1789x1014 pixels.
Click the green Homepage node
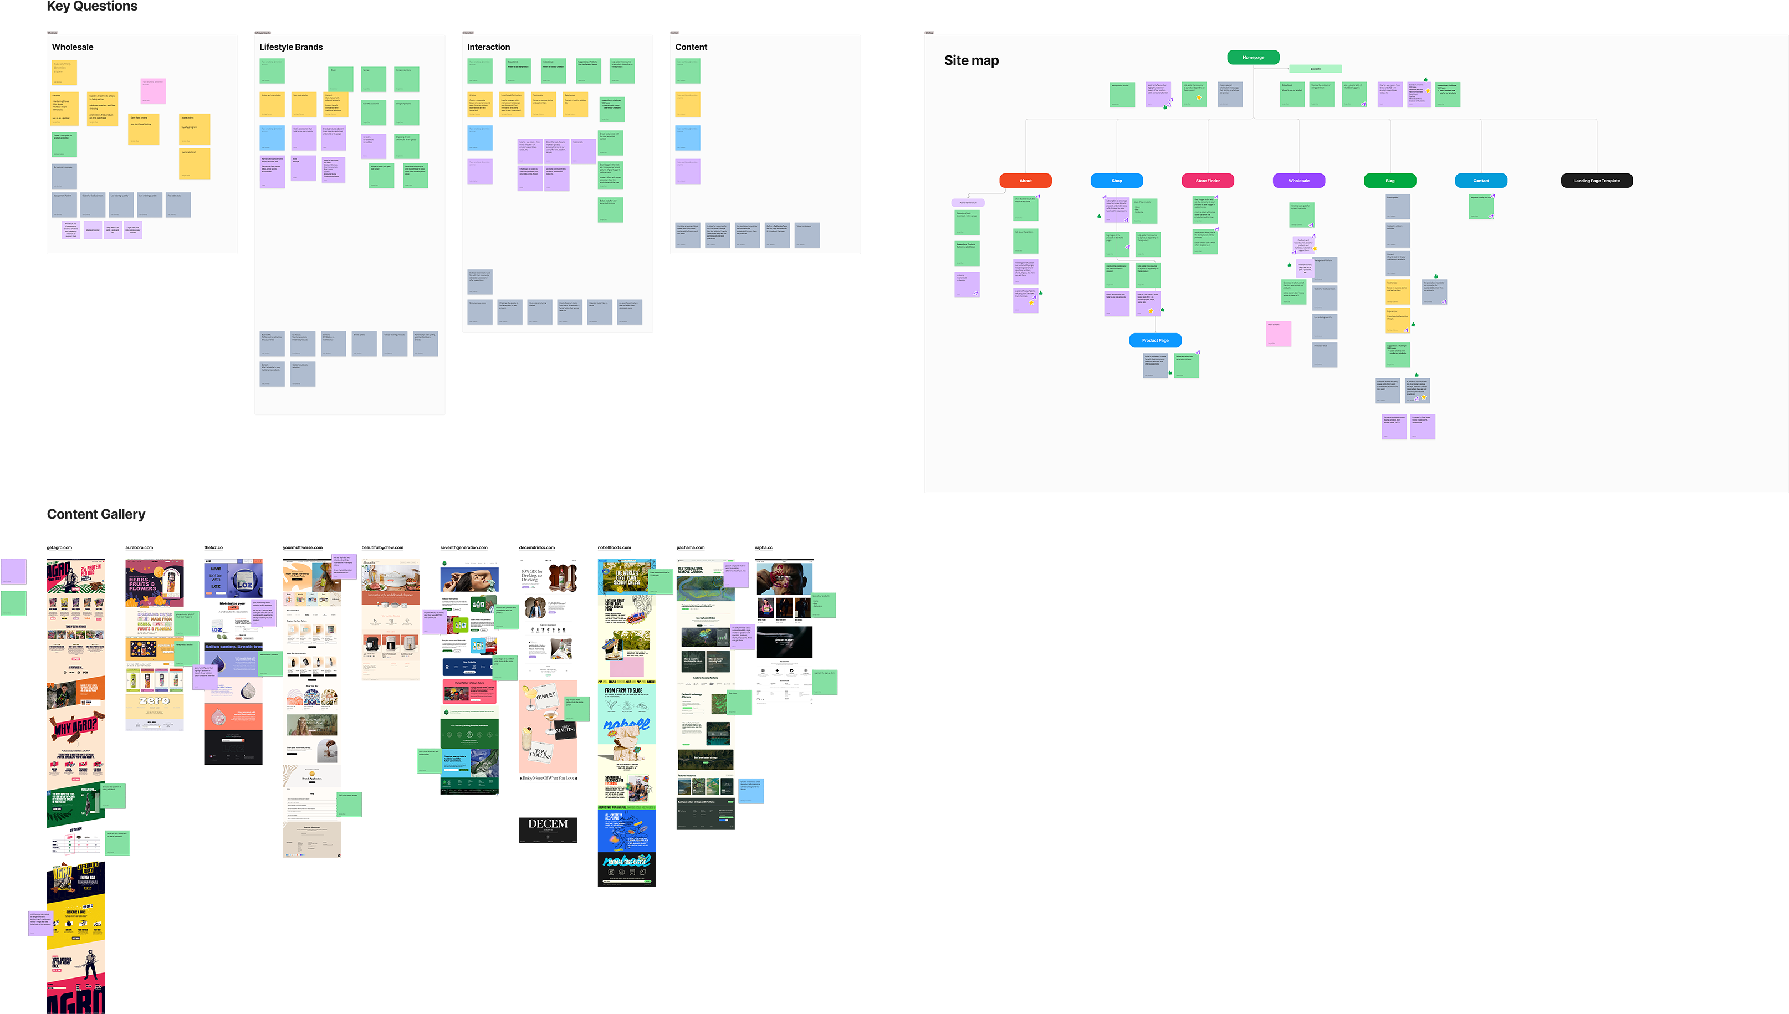pos(1253,57)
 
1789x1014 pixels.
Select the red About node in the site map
pos(1025,181)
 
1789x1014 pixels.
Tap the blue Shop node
pos(1116,181)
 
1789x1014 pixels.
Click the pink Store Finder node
pos(1208,181)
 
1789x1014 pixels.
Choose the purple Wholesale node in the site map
pos(1299,181)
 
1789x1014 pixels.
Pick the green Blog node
pos(1390,181)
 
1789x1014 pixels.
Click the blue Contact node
pos(1481,181)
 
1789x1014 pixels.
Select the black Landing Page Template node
pos(1597,181)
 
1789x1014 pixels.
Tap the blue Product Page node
pos(1156,340)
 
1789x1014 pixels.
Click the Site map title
pos(971,60)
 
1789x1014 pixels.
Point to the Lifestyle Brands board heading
pos(291,47)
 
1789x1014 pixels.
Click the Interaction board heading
pos(488,47)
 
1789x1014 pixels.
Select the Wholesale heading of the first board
pos(73,47)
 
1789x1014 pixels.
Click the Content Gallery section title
pos(96,514)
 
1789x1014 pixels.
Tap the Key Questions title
pos(92,6)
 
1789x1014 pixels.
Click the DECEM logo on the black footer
pos(548,824)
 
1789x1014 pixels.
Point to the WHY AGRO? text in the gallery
pos(75,727)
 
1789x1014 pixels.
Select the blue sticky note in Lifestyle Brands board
pos(272,138)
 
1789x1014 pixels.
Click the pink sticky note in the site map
pos(1279,334)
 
